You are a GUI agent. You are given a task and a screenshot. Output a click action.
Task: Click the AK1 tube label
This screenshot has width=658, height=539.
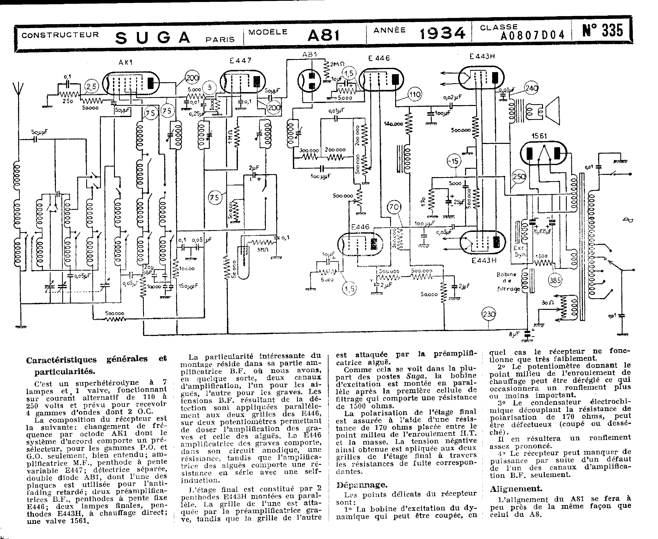(126, 62)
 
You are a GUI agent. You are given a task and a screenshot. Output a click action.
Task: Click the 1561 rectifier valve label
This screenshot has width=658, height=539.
(539, 136)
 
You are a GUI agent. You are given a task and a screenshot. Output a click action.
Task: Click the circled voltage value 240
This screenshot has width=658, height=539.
(531, 88)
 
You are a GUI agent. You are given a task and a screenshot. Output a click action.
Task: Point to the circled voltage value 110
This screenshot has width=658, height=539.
(415, 94)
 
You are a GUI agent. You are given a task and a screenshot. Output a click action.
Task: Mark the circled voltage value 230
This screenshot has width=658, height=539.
(489, 314)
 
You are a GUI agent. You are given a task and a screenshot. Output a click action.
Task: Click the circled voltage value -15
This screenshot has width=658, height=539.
(454, 161)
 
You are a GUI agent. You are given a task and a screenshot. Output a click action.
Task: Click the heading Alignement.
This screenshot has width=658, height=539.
(516, 489)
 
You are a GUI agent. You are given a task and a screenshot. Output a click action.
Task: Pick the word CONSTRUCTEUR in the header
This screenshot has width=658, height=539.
(60, 35)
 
